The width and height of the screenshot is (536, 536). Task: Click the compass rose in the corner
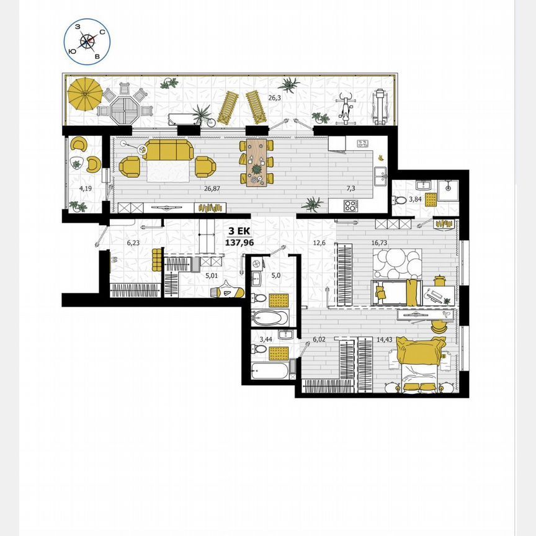(x=87, y=41)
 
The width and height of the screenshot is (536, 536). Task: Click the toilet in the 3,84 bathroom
(x=400, y=200)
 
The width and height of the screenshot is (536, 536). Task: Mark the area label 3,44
(x=266, y=339)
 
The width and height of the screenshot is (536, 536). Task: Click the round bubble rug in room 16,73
(x=400, y=263)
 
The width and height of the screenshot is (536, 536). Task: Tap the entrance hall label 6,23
(x=133, y=243)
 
